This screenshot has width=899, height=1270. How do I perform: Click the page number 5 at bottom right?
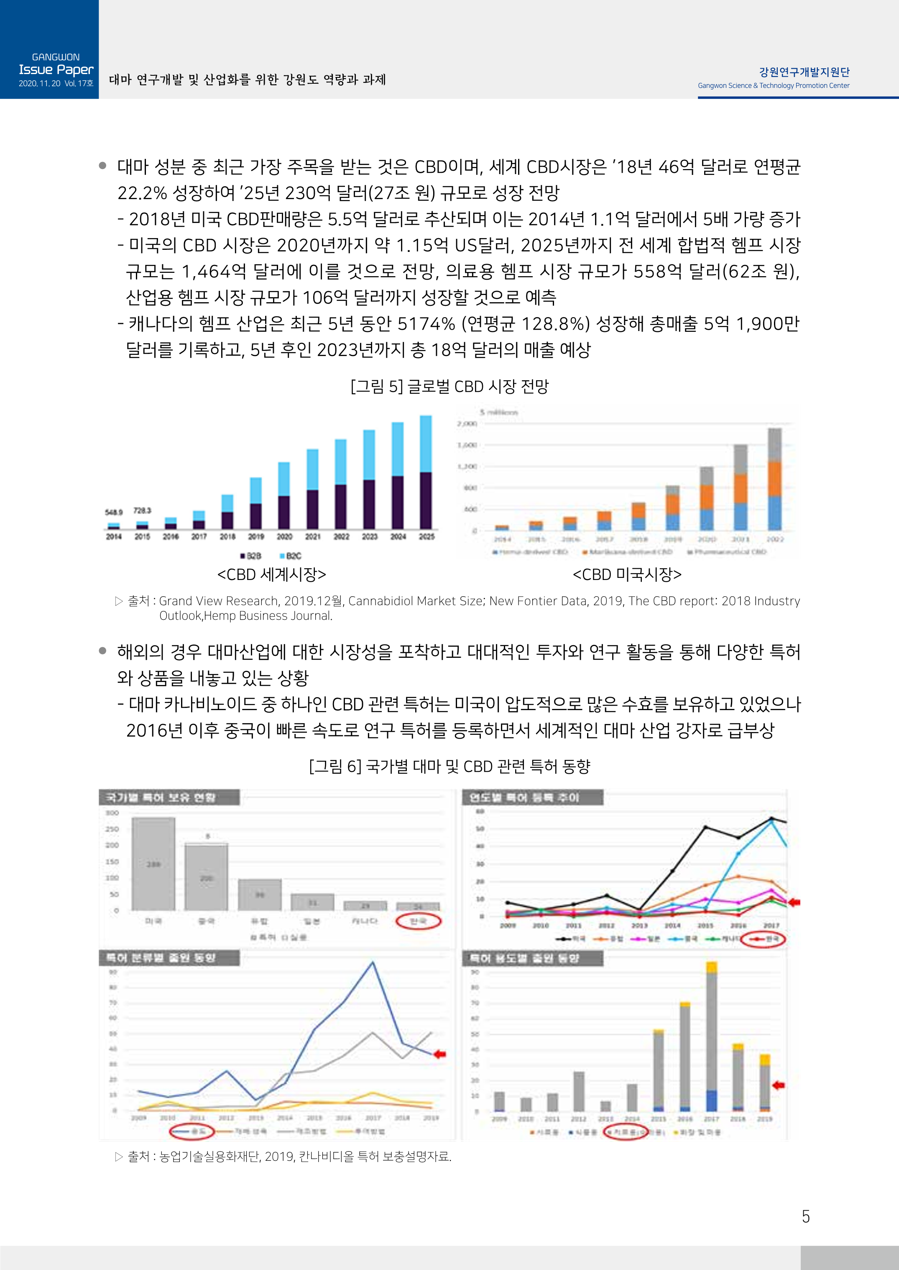tap(805, 1216)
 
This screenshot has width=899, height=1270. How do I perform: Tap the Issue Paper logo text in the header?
tap(56, 70)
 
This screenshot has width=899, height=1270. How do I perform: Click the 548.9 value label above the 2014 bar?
tap(113, 512)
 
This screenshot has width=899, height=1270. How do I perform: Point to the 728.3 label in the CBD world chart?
tap(142, 510)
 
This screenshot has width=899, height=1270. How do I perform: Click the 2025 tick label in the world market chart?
tap(426, 537)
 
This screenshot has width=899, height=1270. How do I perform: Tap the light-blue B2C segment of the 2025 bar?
tap(426, 444)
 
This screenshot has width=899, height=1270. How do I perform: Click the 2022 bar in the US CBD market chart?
tap(774, 479)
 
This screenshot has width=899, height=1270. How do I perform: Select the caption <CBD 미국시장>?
tap(627, 575)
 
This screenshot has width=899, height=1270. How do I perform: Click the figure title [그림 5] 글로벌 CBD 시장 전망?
tap(449, 386)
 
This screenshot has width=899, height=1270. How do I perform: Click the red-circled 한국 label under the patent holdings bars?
tap(419, 921)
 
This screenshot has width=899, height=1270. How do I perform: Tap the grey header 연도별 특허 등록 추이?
tap(524, 798)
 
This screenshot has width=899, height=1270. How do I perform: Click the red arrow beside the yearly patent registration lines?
tap(794, 902)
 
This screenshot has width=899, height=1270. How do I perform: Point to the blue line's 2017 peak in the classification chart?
tap(373, 962)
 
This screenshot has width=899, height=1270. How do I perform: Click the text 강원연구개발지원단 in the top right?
tap(804, 72)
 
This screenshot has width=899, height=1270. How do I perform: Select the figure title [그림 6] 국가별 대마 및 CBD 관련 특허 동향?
tap(449, 766)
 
